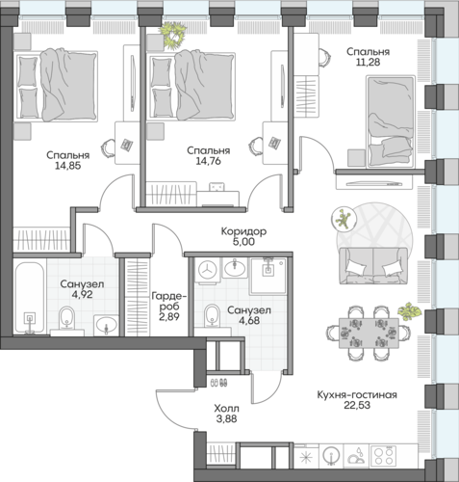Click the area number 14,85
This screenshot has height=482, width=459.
click(67, 166)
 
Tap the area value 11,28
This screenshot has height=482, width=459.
click(368, 62)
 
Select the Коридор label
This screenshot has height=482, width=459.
click(243, 231)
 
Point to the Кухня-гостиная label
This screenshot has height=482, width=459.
click(357, 394)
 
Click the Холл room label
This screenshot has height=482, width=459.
click(226, 409)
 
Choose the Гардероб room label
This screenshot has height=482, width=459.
click(169, 301)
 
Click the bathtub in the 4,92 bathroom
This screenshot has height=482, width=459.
click(30, 299)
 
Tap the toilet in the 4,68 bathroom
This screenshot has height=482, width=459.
click(212, 315)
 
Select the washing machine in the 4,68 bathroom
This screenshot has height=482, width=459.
click(207, 271)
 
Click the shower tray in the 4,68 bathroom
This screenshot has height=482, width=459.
click(268, 276)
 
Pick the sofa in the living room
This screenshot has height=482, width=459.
click(373, 266)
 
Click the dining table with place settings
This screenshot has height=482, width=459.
click(369, 333)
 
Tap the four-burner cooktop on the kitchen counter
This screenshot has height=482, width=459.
click(383, 456)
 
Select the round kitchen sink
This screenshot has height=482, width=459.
click(331, 456)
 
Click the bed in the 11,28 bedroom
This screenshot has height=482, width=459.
click(391, 121)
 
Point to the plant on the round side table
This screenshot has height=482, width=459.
click(344, 219)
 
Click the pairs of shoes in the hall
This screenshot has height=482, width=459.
click(219, 383)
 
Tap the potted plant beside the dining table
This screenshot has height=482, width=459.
click(409, 310)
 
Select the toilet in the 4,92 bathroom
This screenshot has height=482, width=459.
click(66, 318)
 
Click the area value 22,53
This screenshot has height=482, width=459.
click(357, 405)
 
